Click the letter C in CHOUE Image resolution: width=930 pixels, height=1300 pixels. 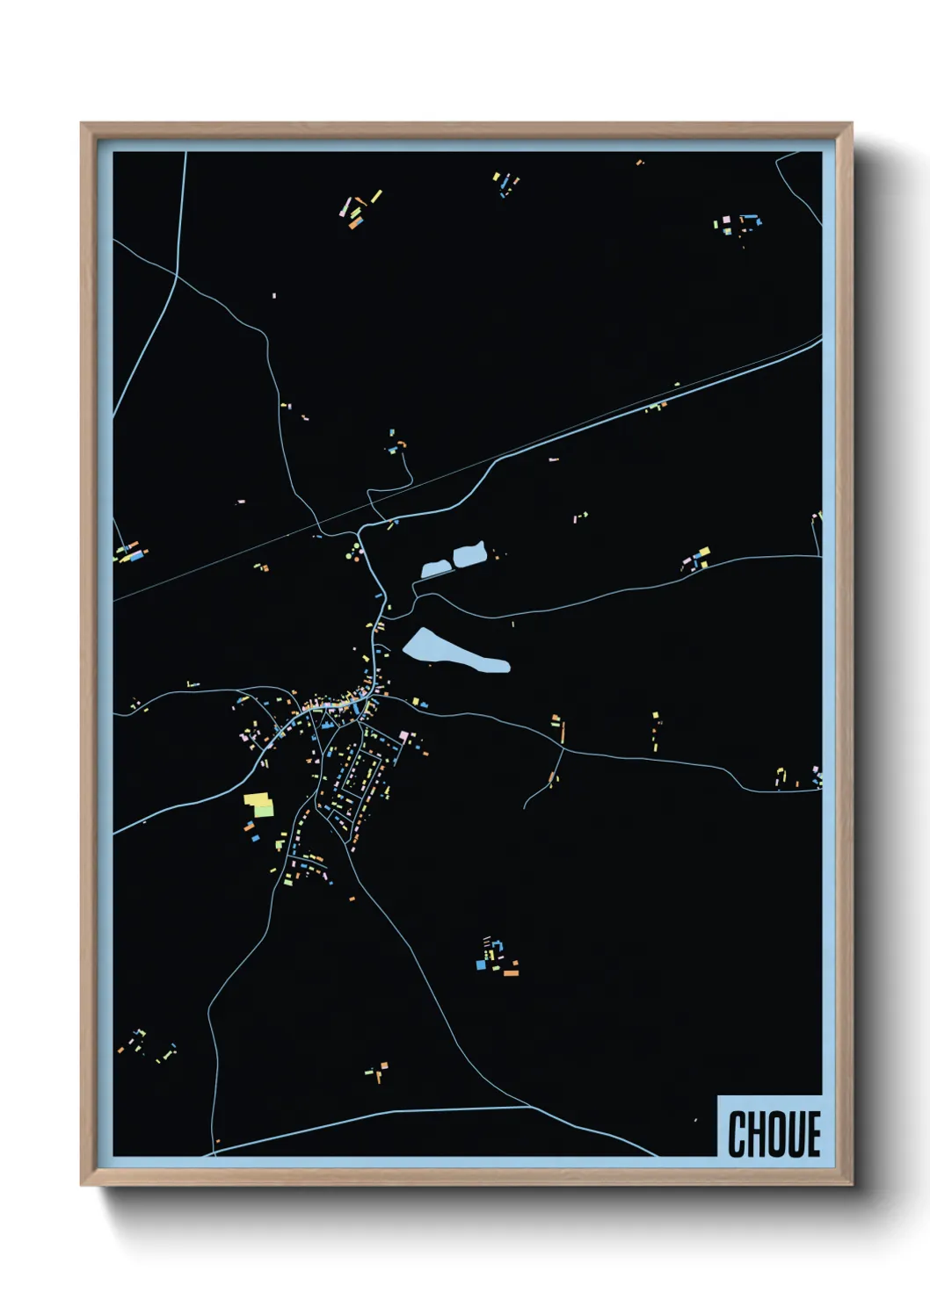tap(737, 1134)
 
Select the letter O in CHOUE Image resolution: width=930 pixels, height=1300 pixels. tap(776, 1134)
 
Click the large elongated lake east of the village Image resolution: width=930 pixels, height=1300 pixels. tap(444, 651)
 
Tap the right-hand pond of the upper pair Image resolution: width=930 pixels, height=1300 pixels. tap(469, 554)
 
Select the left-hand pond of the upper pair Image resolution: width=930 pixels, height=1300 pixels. tap(436, 569)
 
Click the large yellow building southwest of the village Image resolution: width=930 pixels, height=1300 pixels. tap(257, 799)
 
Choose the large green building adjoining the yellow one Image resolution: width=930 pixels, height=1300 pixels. tap(265, 809)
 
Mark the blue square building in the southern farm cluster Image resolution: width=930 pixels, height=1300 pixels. tap(481, 964)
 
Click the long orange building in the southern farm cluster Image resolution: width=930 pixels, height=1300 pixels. tap(510, 972)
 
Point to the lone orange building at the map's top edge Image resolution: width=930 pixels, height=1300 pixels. tap(639, 162)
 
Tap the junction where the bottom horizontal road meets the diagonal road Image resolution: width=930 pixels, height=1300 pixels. tap(530, 1107)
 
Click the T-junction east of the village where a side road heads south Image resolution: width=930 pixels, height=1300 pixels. tap(563, 749)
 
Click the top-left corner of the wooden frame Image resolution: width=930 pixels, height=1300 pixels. tap(82, 124)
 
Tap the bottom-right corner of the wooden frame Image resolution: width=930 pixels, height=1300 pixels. tap(852, 1185)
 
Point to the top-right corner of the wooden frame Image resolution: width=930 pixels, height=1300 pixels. tap(852, 124)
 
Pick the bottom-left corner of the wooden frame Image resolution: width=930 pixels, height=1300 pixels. tap(82, 1185)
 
